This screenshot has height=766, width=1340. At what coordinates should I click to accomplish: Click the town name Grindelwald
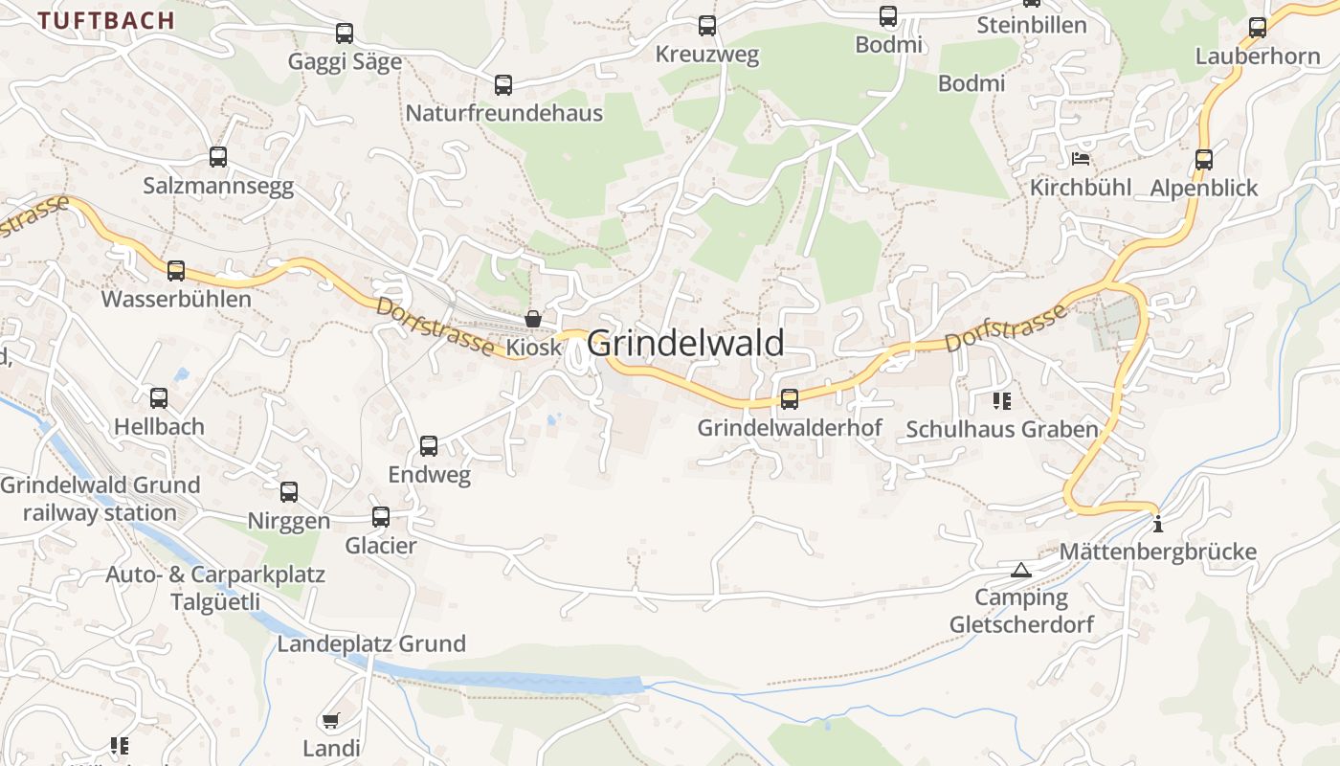[x=685, y=343]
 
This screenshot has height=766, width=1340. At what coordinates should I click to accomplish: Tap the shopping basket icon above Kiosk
[x=533, y=319]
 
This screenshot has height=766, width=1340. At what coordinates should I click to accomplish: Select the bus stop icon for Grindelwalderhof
[x=790, y=399]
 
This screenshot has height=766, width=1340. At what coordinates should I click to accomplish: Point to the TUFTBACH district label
[x=106, y=20]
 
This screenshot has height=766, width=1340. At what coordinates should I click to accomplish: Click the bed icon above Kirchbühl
[x=1081, y=158]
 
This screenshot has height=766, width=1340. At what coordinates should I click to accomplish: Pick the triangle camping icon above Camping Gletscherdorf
[x=1021, y=570]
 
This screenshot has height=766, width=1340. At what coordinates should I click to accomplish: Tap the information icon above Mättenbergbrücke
[x=1158, y=524]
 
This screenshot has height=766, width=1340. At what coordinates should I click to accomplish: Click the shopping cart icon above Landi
[x=331, y=720]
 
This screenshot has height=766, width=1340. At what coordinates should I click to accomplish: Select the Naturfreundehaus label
[x=503, y=113]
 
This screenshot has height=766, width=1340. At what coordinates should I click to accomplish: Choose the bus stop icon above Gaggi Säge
[x=345, y=34]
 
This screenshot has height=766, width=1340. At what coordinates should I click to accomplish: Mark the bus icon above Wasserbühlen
[x=176, y=271]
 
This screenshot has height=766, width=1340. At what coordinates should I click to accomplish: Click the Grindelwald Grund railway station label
[x=100, y=499]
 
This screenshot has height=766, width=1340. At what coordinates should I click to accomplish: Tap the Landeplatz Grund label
[x=371, y=643]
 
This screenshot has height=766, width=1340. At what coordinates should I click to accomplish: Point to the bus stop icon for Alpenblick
[x=1204, y=160]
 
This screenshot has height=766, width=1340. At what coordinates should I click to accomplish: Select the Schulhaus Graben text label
[x=1002, y=429]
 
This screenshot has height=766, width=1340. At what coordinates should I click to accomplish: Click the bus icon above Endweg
[x=429, y=446]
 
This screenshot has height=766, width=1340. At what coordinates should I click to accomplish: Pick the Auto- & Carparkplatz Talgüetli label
[x=215, y=588]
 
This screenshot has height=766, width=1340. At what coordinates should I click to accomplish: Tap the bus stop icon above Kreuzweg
[x=707, y=26]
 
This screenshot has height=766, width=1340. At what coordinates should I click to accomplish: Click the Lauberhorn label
[x=1258, y=56]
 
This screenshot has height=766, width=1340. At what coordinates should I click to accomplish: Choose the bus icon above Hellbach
[x=159, y=398]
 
